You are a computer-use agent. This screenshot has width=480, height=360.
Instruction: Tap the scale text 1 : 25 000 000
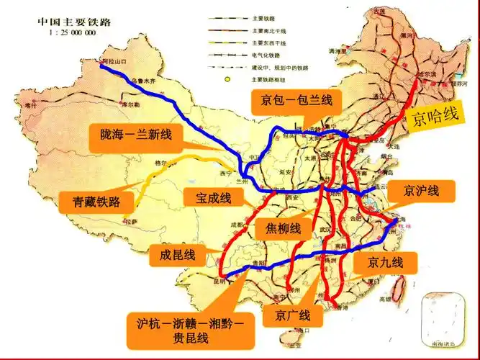72,33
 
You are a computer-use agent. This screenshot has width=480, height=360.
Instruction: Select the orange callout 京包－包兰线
291,102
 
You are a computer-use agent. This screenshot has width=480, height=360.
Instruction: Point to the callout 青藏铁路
96,201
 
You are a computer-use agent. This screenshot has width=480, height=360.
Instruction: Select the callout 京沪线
420,191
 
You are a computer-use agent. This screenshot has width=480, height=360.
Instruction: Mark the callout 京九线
386,262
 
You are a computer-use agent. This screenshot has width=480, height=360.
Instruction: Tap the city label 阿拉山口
114,63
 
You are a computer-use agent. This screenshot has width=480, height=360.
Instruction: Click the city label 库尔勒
130,104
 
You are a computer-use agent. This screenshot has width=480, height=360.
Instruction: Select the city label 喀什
30,105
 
